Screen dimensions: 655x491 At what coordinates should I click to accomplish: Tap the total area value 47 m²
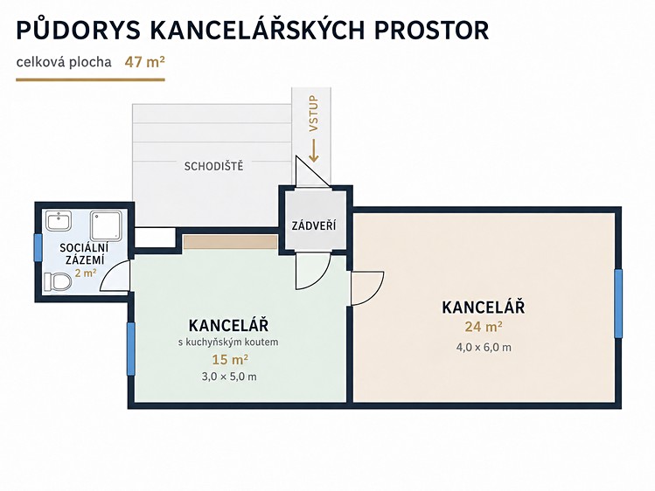(x=144, y=62)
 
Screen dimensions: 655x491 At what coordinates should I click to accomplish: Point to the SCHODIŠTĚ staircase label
(x=213, y=166)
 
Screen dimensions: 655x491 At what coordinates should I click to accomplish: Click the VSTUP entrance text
(x=313, y=114)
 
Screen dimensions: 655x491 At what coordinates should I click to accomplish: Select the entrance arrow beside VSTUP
(x=314, y=150)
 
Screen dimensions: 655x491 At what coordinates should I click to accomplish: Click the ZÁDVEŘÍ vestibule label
(x=314, y=225)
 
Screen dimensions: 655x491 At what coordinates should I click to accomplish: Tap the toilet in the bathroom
(x=58, y=281)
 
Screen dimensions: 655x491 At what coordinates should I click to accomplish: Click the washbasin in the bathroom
(x=59, y=221)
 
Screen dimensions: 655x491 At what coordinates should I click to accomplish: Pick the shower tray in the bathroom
(x=107, y=225)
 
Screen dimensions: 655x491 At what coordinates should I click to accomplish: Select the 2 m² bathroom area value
(x=86, y=273)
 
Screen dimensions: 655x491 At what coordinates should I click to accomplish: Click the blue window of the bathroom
(x=38, y=247)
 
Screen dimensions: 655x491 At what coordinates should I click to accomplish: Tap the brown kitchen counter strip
(x=230, y=242)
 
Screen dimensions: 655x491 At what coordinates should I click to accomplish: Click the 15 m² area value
(x=230, y=359)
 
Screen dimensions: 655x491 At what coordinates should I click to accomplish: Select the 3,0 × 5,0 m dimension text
(x=229, y=377)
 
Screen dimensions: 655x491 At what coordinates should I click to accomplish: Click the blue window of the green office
(x=131, y=349)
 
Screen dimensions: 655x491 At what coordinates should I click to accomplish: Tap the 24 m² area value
(x=484, y=326)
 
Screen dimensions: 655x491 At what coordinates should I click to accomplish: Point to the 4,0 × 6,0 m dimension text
(x=484, y=347)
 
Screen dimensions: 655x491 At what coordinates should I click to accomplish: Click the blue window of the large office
(x=618, y=303)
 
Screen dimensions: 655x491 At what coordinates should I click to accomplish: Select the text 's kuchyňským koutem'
(x=228, y=342)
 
